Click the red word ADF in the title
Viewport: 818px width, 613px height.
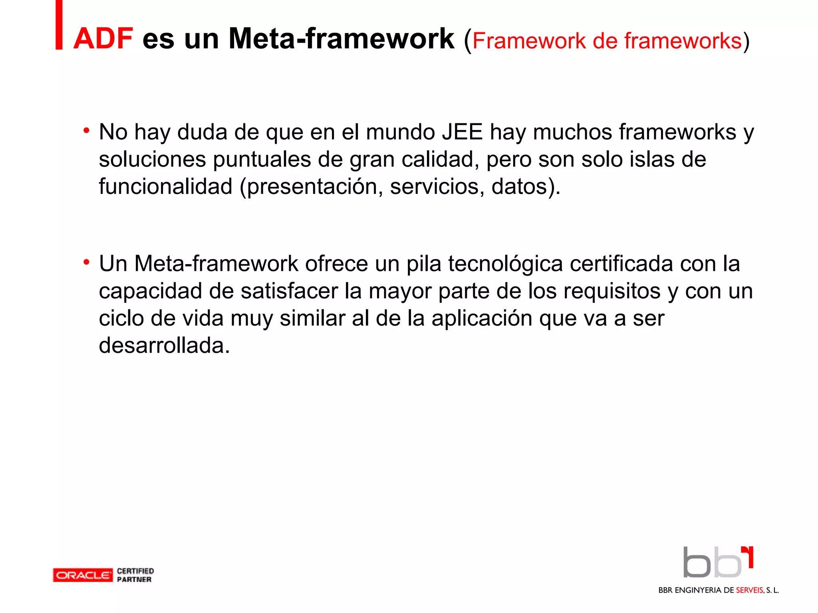[x=103, y=39]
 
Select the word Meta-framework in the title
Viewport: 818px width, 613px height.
[x=341, y=39]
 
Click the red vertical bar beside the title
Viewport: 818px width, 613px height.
[x=59, y=25]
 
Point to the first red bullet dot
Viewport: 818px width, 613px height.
[x=86, y=131]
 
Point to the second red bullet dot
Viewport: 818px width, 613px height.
[x=86, y=262]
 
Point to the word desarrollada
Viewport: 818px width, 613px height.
[x=164, y=345]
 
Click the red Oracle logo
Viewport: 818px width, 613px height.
[x=83, y=575]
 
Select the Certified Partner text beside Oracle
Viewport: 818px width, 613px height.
[x=135, y=575]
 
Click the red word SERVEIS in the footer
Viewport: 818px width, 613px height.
[x=749, y=590]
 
